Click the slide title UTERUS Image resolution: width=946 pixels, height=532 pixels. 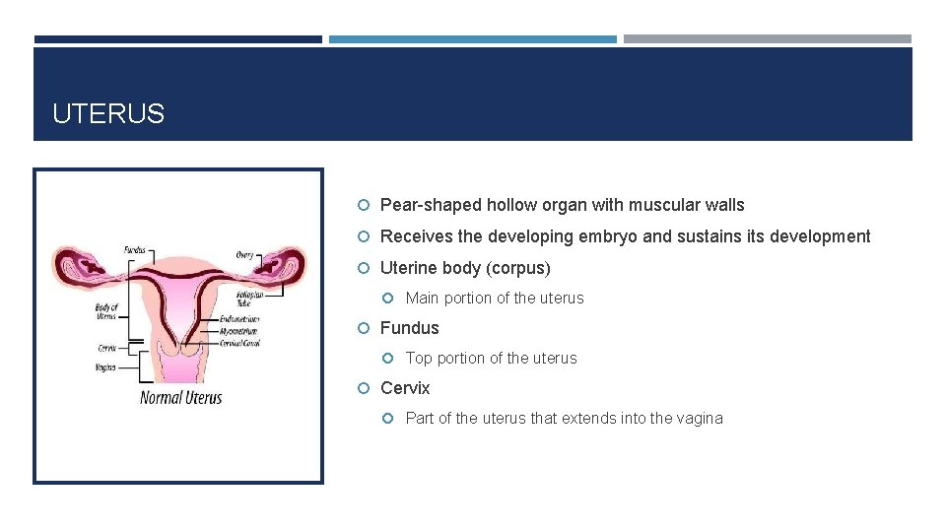[x=108, y=114]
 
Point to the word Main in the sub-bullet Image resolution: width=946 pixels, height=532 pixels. [x=422, y=298]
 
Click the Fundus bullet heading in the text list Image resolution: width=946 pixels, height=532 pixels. [x=410, y=328]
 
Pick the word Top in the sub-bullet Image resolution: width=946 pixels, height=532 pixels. [x=419, y=358]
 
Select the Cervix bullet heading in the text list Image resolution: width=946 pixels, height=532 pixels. [x=405, y=388]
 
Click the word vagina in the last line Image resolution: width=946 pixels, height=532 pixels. [x=700, y=418]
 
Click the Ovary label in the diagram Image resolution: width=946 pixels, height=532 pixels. [x=244, y=254]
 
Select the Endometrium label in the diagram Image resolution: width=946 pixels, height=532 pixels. [x=239, y=319]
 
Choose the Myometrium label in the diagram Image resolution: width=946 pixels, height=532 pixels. [x=239, y=331]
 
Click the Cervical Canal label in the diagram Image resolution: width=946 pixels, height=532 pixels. [x=239, y=343]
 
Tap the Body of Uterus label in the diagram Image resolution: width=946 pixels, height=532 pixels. [x=106, y=312]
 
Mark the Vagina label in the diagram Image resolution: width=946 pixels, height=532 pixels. [x=105, y=367]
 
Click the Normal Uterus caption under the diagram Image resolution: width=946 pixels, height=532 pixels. [x=180, y=398]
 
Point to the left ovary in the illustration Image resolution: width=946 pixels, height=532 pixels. [x=76, y=264]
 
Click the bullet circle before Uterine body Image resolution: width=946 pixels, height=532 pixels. [x=364, y=268]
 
